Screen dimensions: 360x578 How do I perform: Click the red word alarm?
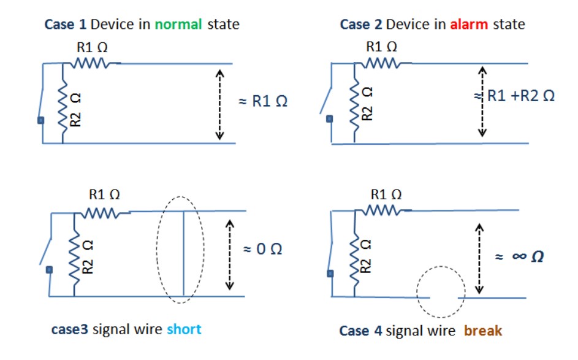[x=468, y=25]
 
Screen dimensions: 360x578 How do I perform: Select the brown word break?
[x=483, y=331]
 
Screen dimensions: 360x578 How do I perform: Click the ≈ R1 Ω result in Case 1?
[x=263, y=101]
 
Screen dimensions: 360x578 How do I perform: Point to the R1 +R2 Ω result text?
[x=520, y=96]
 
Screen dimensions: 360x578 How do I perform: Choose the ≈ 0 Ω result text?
[x=263, y=250]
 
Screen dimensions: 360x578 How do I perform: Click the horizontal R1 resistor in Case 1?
[x=91, y=63]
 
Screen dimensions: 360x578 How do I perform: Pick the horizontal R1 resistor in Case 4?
[x=381, y=211]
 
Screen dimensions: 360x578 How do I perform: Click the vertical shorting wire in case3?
[x=183, y=253]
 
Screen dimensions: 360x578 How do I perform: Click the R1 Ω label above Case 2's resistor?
[x=381, y=46]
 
